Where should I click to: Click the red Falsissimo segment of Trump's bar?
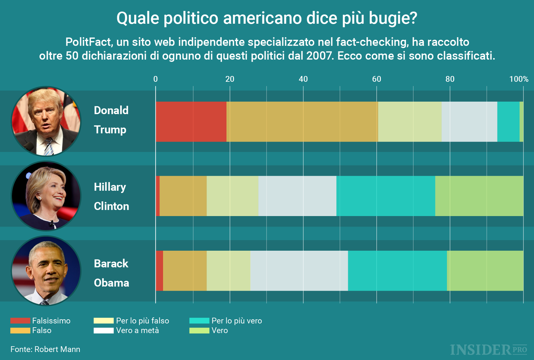coord(191,122)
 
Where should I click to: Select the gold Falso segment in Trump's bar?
coord(302,122)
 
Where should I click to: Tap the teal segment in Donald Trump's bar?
coord(508,122)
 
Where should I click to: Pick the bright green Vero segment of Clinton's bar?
coord(479,196)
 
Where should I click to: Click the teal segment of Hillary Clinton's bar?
coord(385,196)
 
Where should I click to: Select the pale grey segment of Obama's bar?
coord(299,271)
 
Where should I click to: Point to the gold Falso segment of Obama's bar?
coord(185,271)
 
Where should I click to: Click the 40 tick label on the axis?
coord(303,79)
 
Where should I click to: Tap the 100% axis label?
coord(518,79)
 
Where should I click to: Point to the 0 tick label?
coord(156,79)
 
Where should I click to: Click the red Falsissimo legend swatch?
coord(20,321)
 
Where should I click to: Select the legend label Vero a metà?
coord(137,331)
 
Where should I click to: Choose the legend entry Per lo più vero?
coord(236,321)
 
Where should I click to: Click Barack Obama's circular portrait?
coord(46,271)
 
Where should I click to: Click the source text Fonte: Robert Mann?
coord(45,349)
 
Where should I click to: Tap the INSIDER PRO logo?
coord(488,350)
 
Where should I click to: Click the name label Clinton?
coord(111,206)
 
